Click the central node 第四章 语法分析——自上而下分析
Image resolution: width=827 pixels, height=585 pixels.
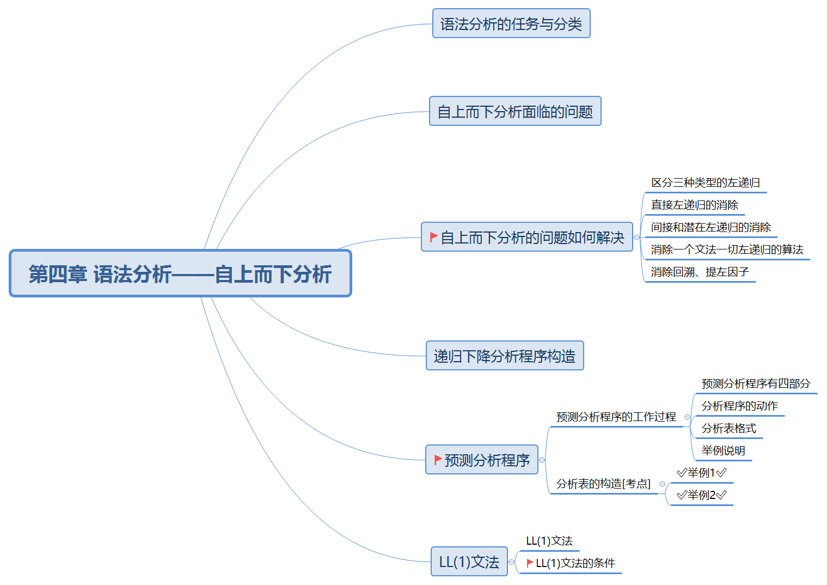(x=180, y=273)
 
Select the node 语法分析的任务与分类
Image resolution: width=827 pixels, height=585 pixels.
(x=511, y=24)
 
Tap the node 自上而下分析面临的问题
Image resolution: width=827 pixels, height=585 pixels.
(x=514, y=112)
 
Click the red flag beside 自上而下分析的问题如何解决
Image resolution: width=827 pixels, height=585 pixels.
(x=433, y=237)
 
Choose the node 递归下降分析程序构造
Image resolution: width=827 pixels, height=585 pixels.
(x=504, y=356)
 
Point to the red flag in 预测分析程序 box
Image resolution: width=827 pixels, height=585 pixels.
(x=438, y=460)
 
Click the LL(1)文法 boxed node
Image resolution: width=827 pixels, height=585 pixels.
(x=469, y=562)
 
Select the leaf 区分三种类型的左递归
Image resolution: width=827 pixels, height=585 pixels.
(x=705, y=183)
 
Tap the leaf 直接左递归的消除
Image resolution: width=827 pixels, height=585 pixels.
(x=694, y=205)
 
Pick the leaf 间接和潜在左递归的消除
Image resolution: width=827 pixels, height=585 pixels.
(x=710, y=228)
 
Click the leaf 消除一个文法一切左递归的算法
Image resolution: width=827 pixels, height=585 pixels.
(x=727, y=250)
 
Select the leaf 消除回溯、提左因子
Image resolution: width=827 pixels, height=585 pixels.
(x=700, y=272)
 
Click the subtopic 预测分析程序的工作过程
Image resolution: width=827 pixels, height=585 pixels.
(x=616, y=417)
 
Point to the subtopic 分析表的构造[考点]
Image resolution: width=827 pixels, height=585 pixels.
(x=603, y=484)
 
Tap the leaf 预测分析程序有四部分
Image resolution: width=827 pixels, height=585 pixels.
(x=756, y=384)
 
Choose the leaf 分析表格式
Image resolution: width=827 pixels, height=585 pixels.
(x=728, y=429)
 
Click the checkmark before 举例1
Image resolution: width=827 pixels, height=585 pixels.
(x=681, y=473)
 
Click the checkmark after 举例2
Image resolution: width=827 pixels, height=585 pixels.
(x=722, y=495)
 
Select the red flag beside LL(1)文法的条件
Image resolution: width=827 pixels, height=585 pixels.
(x=530, y=563)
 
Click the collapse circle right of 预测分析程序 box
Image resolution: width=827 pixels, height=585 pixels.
(x=542, y=460)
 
